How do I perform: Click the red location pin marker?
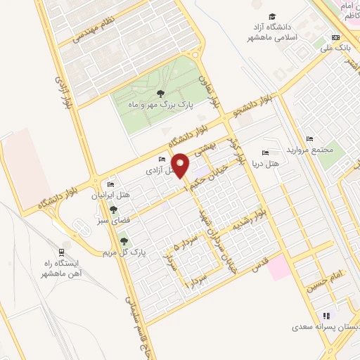pyautogui.click(x=181, y=164)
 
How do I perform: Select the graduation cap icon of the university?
pyautogui.click(x=272, y=16)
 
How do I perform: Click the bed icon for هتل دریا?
pyautogui.click(x=265, y=153)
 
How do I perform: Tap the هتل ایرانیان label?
pyautogui.click(x=111, y=195)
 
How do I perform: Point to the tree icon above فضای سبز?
pyautogui.click(x=113, y=209)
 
